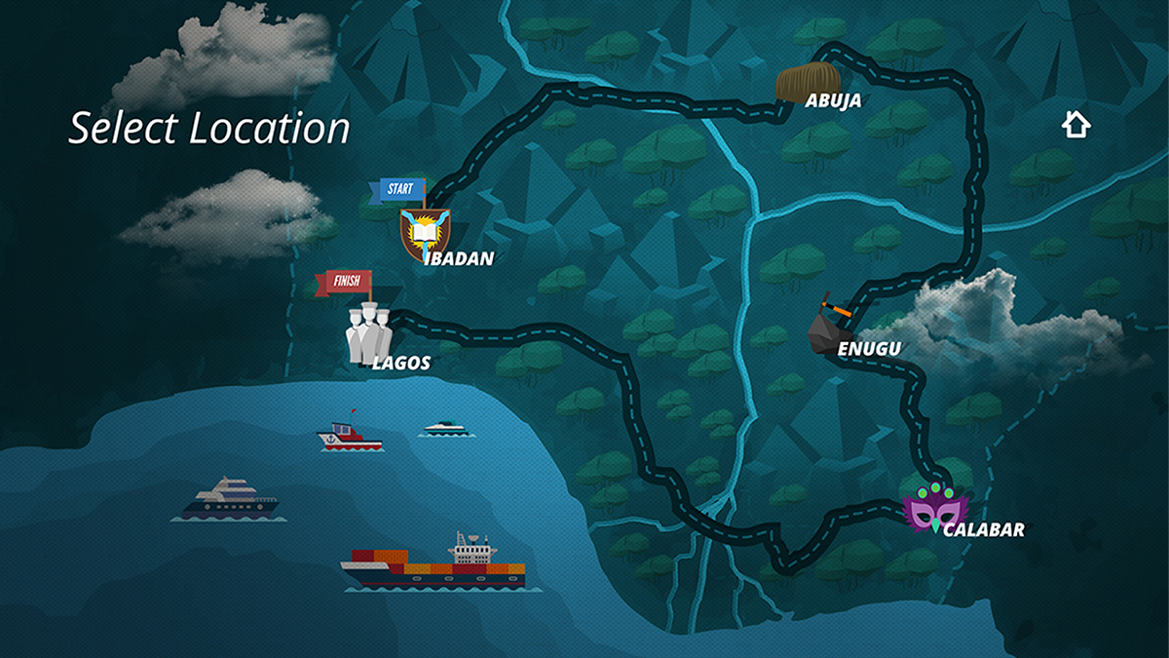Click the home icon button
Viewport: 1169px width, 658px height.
(1075, 124)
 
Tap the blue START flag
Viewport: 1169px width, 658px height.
(397, 189)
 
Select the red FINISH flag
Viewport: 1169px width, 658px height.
(344, 283)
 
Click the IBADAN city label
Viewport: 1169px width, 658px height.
(460, 258)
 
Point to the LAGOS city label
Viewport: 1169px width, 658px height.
(400, 364)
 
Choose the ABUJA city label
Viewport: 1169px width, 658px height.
(833, 99)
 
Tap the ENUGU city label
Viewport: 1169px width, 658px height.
(869, 348)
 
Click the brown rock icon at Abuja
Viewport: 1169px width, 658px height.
(808, 83)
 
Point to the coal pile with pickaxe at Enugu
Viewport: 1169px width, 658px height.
(829, 325)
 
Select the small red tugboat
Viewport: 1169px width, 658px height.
(350, 438)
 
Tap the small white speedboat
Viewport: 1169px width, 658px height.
(448, 427)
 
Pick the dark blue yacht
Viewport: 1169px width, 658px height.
(230, 498)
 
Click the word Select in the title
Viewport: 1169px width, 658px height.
(124, 129)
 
